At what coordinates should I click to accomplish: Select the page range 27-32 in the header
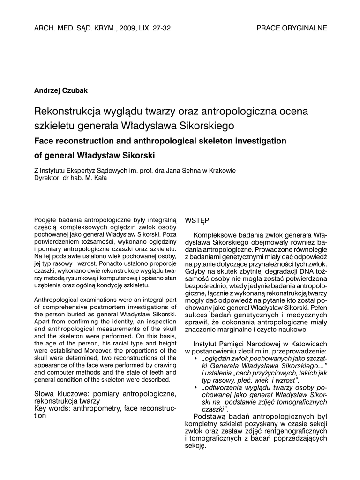(x=161, y=28)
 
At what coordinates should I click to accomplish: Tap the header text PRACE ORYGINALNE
(x=292, y=28)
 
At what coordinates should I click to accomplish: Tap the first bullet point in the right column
(x=195, y=359)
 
